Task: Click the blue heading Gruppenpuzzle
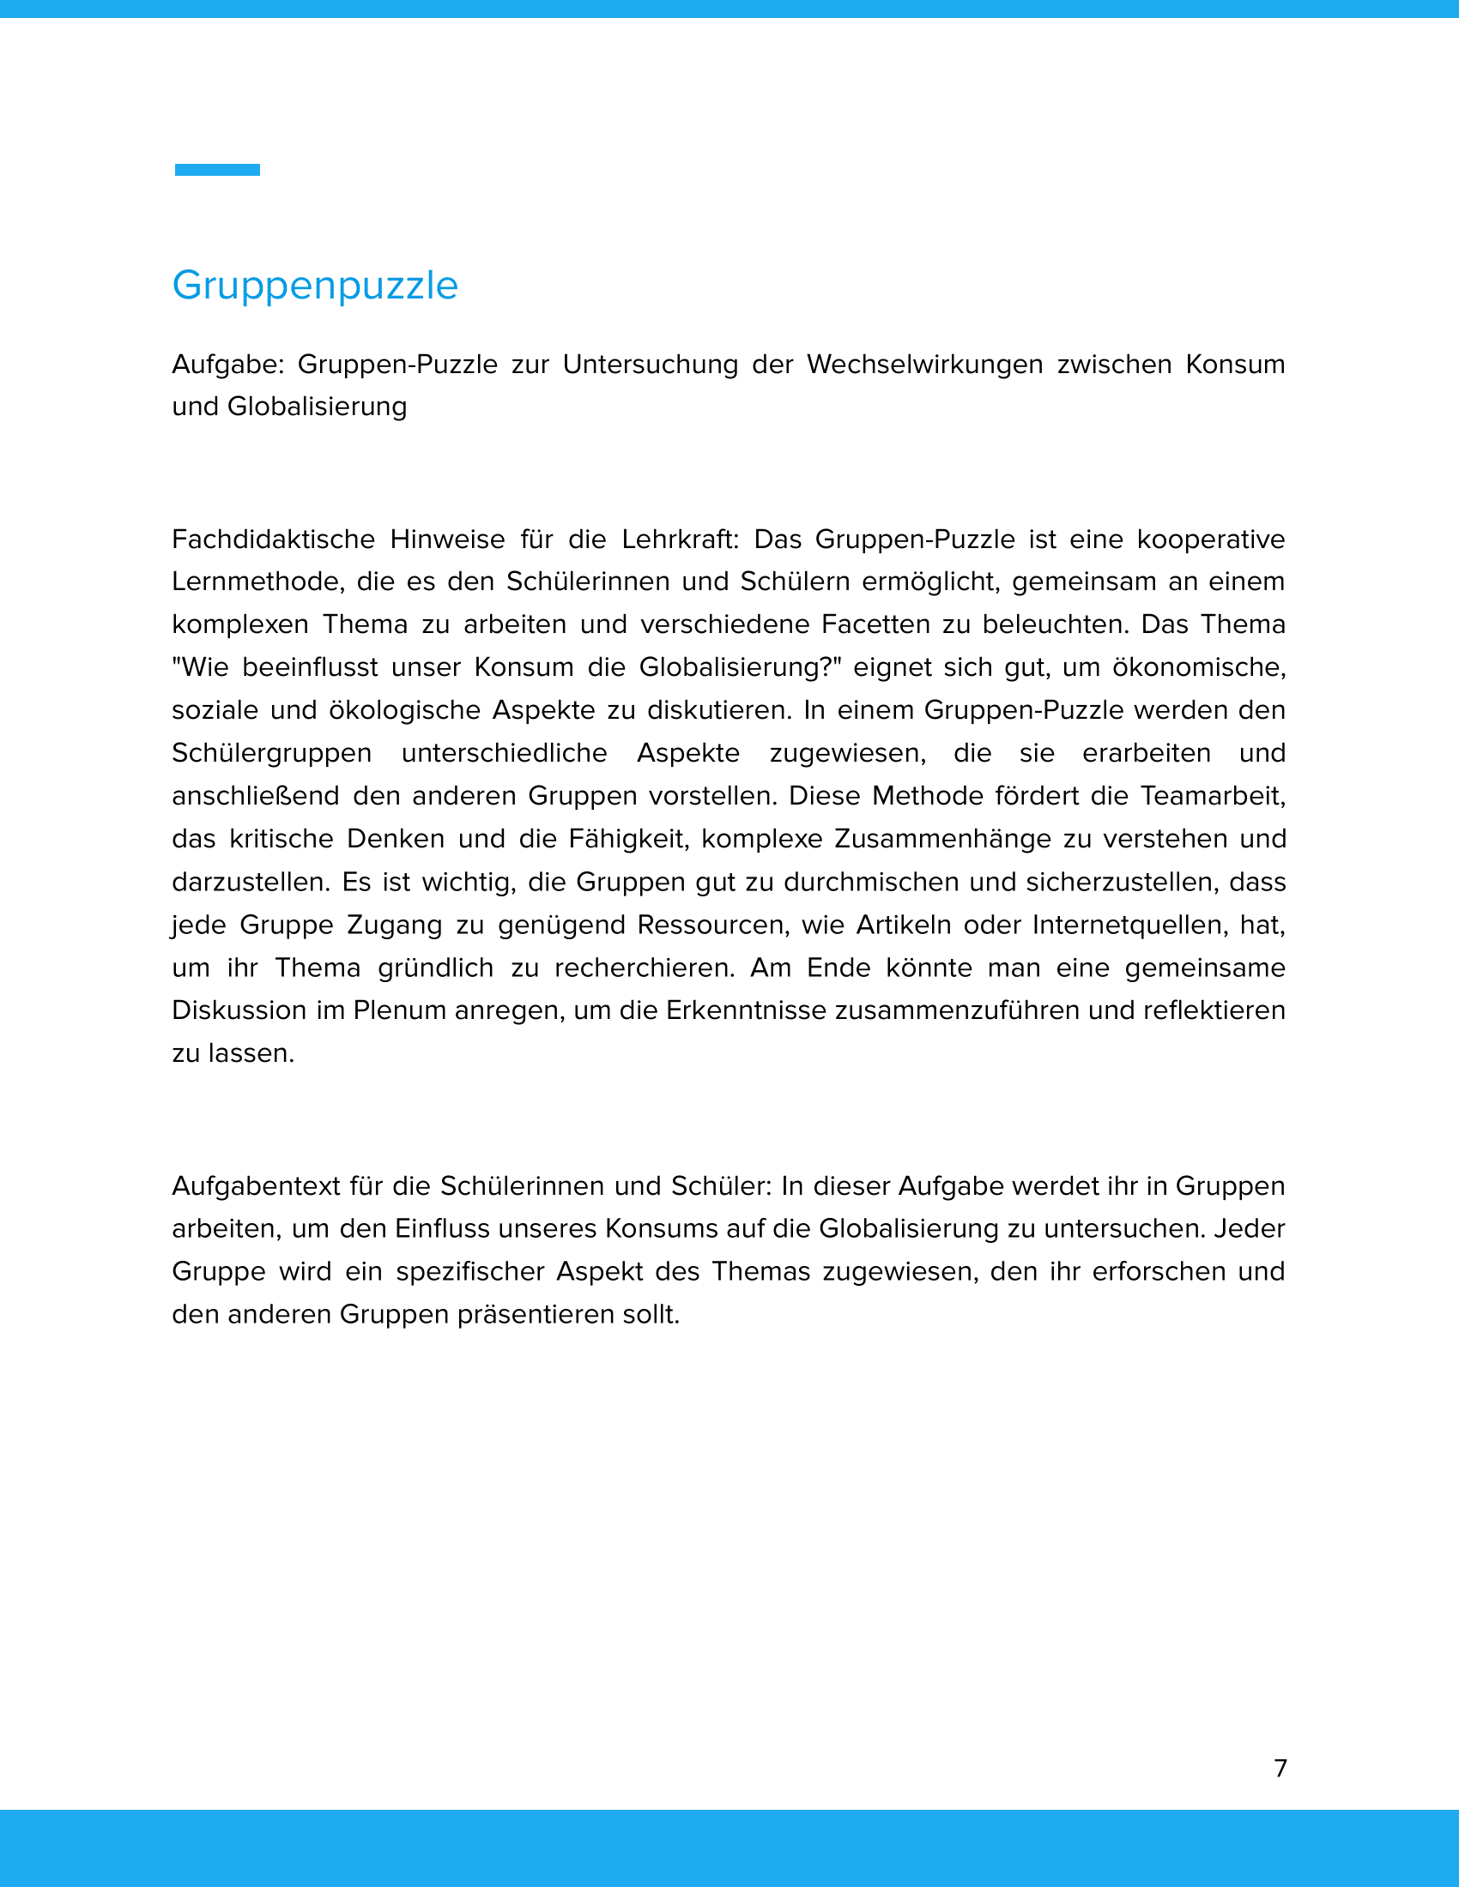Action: click(315, 285)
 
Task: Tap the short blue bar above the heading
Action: click(217, 170)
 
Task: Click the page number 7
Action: click(1280, 1768)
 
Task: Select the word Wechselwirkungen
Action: click(925, 365)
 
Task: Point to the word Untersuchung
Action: click(650, 365)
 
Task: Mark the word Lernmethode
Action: click(258, 582)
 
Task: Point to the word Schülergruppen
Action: click(271, 752)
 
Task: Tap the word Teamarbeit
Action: click(1213, 796)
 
